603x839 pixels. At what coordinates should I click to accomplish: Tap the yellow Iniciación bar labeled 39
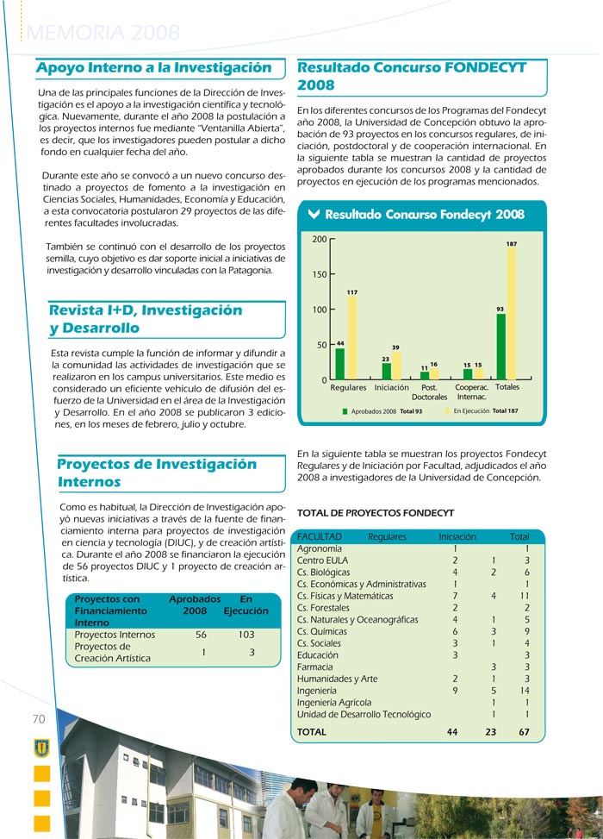pyautogui.click(x=396, y=366)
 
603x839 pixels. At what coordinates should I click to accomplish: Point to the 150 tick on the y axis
pyautogui.click(x=319, y=274)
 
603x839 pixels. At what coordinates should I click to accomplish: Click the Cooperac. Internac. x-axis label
pyautogui.click(x=471, y=392)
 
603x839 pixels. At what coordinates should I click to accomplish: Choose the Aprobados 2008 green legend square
pyautogui.click(x=345, y=412)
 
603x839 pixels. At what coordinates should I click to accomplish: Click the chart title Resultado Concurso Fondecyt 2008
pyautogui.click(x=424, y=214)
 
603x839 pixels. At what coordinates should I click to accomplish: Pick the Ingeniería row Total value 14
pyautogui.click(x=525, y=691)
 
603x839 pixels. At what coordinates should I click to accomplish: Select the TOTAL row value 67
pyautogui.click(x=524, y=732)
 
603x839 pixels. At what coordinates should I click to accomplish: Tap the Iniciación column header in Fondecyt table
pyautogui.click(x=457, y=536)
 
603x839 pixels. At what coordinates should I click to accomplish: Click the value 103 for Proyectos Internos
pyautogui.click(x=246, y=635)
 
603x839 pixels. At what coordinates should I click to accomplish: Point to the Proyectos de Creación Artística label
pyautogui.click(x=112, y=653)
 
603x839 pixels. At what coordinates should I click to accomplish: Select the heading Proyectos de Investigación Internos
pyautogui.click(x=157, y=473)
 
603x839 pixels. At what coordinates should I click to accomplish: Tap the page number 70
pyautogui.click(x=39, y=719)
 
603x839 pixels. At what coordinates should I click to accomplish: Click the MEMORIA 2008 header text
pyautogui.click(x=104, y=34)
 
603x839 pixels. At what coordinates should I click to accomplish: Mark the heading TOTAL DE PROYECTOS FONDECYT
pyautogui.click(x=375, y=512)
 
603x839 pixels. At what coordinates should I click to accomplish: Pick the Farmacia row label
pyautogui.click(x=315, y=667)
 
